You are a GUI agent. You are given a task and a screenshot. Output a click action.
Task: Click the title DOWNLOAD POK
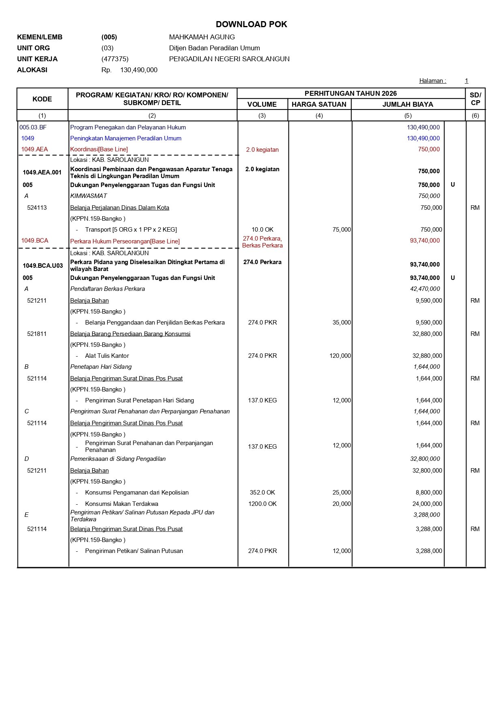click(x=251, y=24)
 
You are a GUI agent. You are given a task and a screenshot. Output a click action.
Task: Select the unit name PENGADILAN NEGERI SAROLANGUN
click(x=229, y=59)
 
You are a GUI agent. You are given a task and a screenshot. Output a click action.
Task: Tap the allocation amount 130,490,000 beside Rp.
click(x=139, y=70)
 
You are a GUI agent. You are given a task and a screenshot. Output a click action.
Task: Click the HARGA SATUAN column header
click(x=319, y=104)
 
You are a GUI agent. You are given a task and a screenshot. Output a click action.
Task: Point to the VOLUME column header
click(x=262, y=104)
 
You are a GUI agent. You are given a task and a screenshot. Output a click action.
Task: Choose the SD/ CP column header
click(x=475, y=99)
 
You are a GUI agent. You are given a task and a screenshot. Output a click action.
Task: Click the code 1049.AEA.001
click(x=42, y=172)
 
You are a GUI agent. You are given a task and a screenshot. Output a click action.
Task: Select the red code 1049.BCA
click(x=34, y=241)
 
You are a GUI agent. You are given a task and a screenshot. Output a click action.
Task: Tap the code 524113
click(x=37, y=208)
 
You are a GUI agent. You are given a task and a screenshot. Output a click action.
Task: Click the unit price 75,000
click(x=342, y=230)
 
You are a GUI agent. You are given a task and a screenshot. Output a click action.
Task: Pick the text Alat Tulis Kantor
click(x=107, y=356)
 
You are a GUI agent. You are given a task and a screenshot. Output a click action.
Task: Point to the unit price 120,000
click(x=340, y=356)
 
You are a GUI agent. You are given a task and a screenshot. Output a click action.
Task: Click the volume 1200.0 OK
click(x=262, y=504)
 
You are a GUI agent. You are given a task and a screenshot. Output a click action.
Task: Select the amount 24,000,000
click(x=427, y=504)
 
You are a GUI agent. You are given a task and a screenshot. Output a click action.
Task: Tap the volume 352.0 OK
click(x=262, y=493)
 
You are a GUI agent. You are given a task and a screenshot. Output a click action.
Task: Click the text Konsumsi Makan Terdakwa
click(x=122, y=504)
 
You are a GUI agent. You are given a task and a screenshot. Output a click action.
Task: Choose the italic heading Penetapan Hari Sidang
click(x=101, y=367)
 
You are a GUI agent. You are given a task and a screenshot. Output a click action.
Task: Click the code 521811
click(x=37, y=334)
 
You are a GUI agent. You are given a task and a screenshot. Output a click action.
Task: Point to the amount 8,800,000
click(x=429, y=493)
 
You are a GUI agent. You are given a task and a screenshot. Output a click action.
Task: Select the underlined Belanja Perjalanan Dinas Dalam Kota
click(x=120, y=208)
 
